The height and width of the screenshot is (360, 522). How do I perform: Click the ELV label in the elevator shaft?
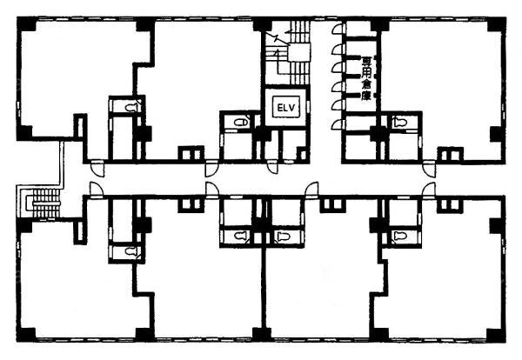[286, 107]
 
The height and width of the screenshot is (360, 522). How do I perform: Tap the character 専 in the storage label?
[367, 61]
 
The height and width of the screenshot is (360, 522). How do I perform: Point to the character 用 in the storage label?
[367, 72]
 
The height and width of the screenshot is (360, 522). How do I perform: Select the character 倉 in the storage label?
[367, 84]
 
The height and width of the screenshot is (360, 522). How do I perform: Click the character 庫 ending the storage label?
[367, 96]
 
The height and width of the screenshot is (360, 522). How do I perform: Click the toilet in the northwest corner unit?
[130, 107]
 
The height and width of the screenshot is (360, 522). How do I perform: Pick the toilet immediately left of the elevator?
[241, 123]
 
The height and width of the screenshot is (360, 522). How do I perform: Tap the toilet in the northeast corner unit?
[400, 122]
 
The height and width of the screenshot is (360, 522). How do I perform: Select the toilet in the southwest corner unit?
[130, 252]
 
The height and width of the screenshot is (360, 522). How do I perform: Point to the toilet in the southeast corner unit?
[400, 237]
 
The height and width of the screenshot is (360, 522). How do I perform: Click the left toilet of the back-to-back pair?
[241, 237]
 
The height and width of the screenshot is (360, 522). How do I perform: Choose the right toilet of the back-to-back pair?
[283, 237]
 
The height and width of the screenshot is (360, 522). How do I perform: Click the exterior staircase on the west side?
[45, 203]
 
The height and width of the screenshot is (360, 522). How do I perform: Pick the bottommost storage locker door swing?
[338, 124]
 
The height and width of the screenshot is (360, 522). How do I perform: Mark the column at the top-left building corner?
[26, 24]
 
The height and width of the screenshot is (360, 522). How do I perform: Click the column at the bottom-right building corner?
[497, 335]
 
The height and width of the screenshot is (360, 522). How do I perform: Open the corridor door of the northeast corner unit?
[429, 169]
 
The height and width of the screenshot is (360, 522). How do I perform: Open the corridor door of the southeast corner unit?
[429, 190]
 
